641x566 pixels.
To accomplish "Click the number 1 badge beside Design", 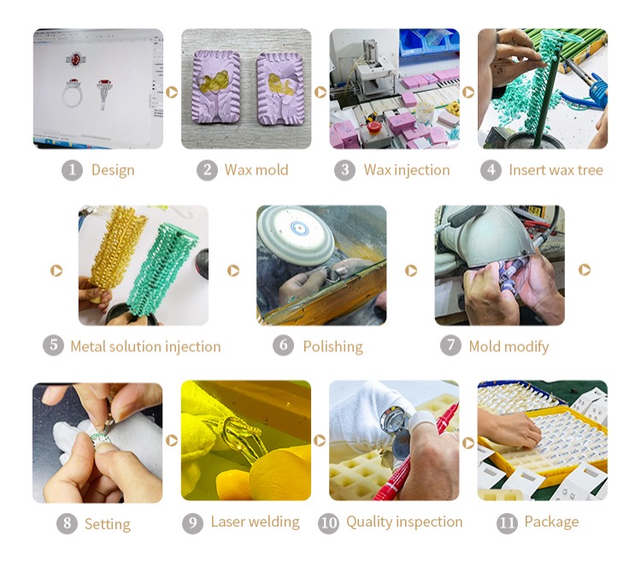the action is click(72, 170).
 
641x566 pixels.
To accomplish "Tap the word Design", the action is click(113, 170).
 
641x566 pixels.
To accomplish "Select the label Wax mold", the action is click(256, 170).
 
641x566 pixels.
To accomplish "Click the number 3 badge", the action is click(344, 170).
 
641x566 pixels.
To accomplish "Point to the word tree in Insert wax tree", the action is click(590, 170).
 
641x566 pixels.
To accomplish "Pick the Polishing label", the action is click(332, 347).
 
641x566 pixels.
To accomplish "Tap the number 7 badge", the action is click(450, 345).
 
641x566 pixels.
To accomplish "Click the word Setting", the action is click(108, 524).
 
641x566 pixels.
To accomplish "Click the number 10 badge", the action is click(328, 523).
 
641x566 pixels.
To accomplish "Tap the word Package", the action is click(551, 522).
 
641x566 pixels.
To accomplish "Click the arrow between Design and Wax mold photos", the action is click(172, 92).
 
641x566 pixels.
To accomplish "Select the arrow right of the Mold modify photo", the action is click(585, 269).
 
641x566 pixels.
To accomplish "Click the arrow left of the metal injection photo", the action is click(56, 270).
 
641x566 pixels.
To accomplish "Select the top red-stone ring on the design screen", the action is click(75, 60).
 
